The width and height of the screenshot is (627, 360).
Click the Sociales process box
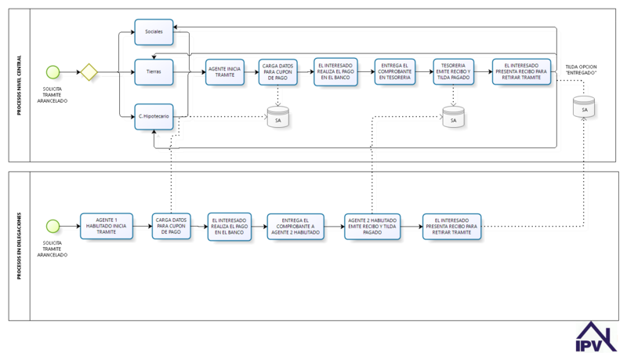(x=154, y=31)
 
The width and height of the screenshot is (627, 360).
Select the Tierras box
(x=154, y=72)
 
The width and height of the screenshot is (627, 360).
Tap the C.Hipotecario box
(x=154, y=116)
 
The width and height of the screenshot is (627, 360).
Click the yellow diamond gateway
(x=89, y=72)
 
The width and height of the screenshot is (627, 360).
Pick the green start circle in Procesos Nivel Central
(x=53, y=72)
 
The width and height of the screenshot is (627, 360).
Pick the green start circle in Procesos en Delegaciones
(x=53, y=226)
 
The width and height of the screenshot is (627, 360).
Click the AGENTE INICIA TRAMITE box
(x=225, y=72)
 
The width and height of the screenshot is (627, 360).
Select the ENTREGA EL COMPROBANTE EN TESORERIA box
(x=395, y=71)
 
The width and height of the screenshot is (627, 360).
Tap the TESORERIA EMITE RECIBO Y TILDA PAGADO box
(x=454, y=71)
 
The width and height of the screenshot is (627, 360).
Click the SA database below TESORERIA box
(x=454, y=117)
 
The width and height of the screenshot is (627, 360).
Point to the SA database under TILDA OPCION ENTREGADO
(x=584, y=107)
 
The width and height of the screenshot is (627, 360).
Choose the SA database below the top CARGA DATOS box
(x=278, y=117)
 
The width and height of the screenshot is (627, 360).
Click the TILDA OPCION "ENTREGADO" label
(x=581, y=70)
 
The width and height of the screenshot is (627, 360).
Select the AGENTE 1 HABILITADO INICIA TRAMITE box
(x=107, y=226)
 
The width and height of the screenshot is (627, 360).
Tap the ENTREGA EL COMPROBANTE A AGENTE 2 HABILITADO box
(x=295, y=227)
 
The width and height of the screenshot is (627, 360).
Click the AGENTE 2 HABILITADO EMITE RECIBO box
(x=372, y=227)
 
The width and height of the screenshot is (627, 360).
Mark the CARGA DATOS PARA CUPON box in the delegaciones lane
(x=171, y=226)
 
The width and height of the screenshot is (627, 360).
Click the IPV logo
(x=596, y=336)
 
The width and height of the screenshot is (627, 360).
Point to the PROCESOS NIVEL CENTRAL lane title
(x=19, y=85)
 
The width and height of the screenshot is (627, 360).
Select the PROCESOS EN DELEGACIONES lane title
(x=19, y=246)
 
